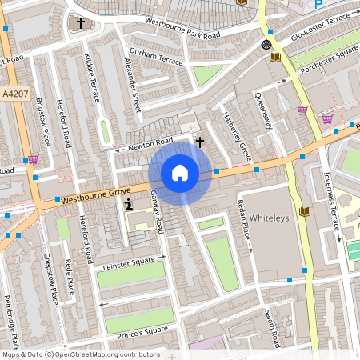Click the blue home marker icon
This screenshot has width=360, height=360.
click(x=180, y=172)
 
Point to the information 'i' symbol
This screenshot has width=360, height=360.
click(x=129, y=205)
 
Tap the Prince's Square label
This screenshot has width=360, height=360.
click(x=143, y=330)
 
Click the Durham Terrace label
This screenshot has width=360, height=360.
click(x=156, y=59)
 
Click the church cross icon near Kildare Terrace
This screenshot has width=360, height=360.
click(x=81, y=23)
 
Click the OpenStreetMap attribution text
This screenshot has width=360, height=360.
click(x=80, y=354)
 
